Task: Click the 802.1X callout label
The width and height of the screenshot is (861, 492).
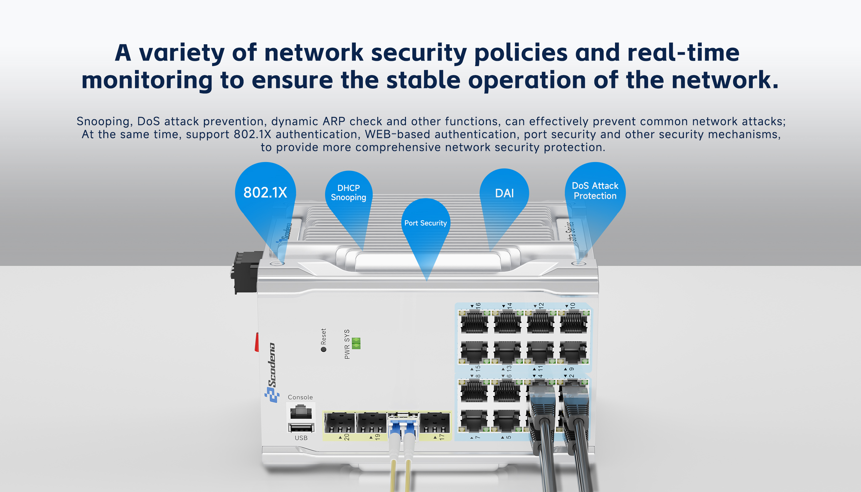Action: click(x=265, y=192)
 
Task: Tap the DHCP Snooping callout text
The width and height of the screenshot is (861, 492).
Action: click(x=348, y=192)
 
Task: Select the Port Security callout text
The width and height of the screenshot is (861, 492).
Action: click(x=426, y=223)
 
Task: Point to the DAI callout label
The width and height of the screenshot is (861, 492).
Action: click(x=504, y=193)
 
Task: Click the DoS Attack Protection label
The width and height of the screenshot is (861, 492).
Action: click(x=595, y=191)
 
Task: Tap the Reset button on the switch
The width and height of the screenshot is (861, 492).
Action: click(x=323, y=349)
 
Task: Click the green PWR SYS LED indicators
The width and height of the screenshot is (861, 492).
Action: click(x=356, y=343)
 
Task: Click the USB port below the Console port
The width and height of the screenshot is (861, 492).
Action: click(x=301, y=428)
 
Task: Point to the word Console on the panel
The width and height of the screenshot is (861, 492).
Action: click(x=300, y=397)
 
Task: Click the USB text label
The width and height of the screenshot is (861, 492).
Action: click(x=301, y=438)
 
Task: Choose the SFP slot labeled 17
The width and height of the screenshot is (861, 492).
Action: click(x=434, y=423)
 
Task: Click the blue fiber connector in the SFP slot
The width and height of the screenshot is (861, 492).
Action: click(x=403, y=427)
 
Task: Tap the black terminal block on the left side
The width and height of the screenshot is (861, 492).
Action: click(x=246, y=272)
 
